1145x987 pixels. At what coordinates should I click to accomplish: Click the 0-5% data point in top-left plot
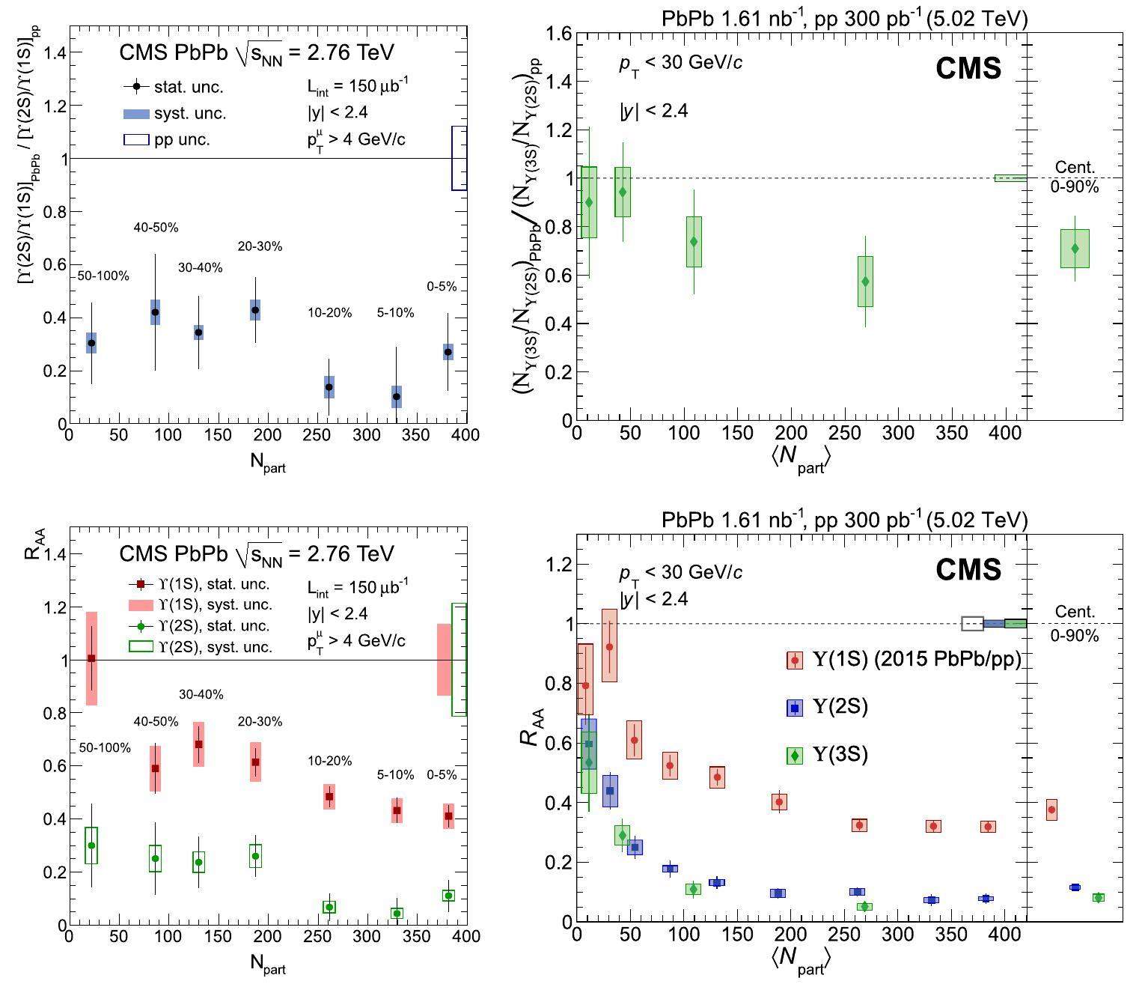coord(448,352)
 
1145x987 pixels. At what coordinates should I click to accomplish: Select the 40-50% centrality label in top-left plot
coord(156,228)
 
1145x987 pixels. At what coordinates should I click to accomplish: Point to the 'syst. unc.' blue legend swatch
coord(137,114)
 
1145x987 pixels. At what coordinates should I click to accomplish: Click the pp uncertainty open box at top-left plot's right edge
coord(459,158)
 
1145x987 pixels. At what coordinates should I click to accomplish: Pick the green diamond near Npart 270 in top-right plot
coord(865,282)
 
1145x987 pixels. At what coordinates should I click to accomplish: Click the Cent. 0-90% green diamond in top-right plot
coord(1075,249)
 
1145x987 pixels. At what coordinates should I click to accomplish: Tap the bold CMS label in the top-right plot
coord(968,69)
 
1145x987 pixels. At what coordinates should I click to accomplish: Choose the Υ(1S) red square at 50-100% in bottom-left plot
coord(91,658)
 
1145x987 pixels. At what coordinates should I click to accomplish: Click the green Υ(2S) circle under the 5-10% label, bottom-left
coord(397,913)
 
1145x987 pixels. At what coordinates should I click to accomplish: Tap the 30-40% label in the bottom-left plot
coord(201,695)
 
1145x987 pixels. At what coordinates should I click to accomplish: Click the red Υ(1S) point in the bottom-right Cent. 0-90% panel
coord(1051,810)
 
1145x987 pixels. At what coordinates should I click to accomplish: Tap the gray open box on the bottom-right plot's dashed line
coord(972,623)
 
